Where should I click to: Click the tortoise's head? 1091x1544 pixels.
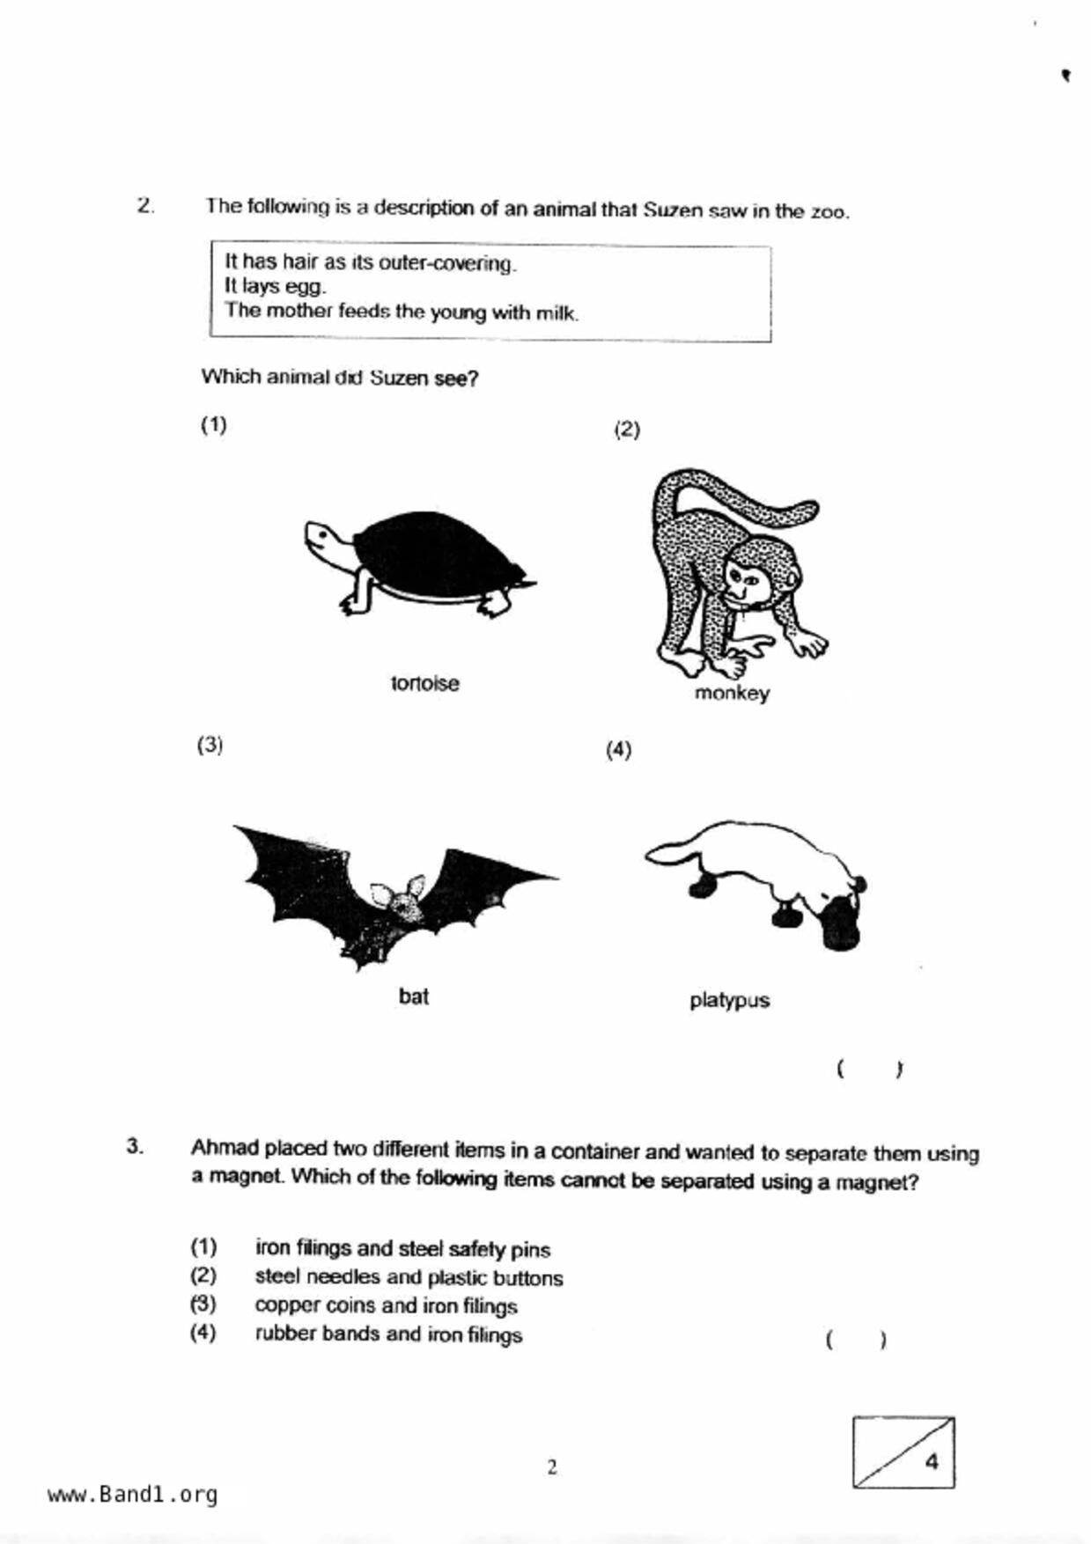[321, 538]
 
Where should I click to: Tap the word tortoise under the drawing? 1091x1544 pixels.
[424, 683]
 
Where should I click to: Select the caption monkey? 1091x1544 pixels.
[732, 694]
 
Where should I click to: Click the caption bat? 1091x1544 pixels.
[413, 996]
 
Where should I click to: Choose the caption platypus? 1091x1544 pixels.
[729, 1001]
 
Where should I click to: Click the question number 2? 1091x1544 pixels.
[145, 206]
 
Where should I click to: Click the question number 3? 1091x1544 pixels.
[135, 1146]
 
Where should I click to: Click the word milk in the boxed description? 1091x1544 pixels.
[557, 312]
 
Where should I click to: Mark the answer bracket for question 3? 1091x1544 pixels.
[856, 1341]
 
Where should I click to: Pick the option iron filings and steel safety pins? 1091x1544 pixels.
[402, 1249]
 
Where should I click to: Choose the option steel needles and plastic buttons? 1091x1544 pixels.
[409, 1277]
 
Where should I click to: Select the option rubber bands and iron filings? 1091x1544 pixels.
[388, 1334]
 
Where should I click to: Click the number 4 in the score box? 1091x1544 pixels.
[931, 1461]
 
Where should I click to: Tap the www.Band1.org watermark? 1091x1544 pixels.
[132, 1494]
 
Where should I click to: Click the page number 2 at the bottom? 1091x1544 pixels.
[552, 1467]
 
